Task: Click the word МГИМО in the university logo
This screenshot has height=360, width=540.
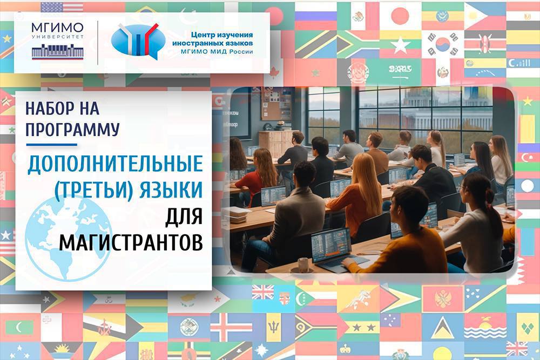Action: [x=58, y=28]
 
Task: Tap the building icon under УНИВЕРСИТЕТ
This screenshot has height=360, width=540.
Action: [x=58, y=52]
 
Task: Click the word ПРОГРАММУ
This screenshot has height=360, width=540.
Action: [x=73, y=130]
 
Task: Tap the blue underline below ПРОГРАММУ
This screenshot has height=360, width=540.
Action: [x=52, y=145]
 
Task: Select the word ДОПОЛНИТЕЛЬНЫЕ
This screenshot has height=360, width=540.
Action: [x=116, y=164]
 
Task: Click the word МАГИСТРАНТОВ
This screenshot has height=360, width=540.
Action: [x=131, y=243]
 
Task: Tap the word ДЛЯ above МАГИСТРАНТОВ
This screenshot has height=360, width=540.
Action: [x=184, y=217]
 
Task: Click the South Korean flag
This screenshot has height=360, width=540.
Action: [x=443, y=45]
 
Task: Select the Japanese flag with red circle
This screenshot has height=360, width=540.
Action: [x=400, y=16]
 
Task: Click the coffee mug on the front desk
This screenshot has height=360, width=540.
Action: [x=303, y=265]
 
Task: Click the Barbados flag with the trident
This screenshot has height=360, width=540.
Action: [x=274, y=327]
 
